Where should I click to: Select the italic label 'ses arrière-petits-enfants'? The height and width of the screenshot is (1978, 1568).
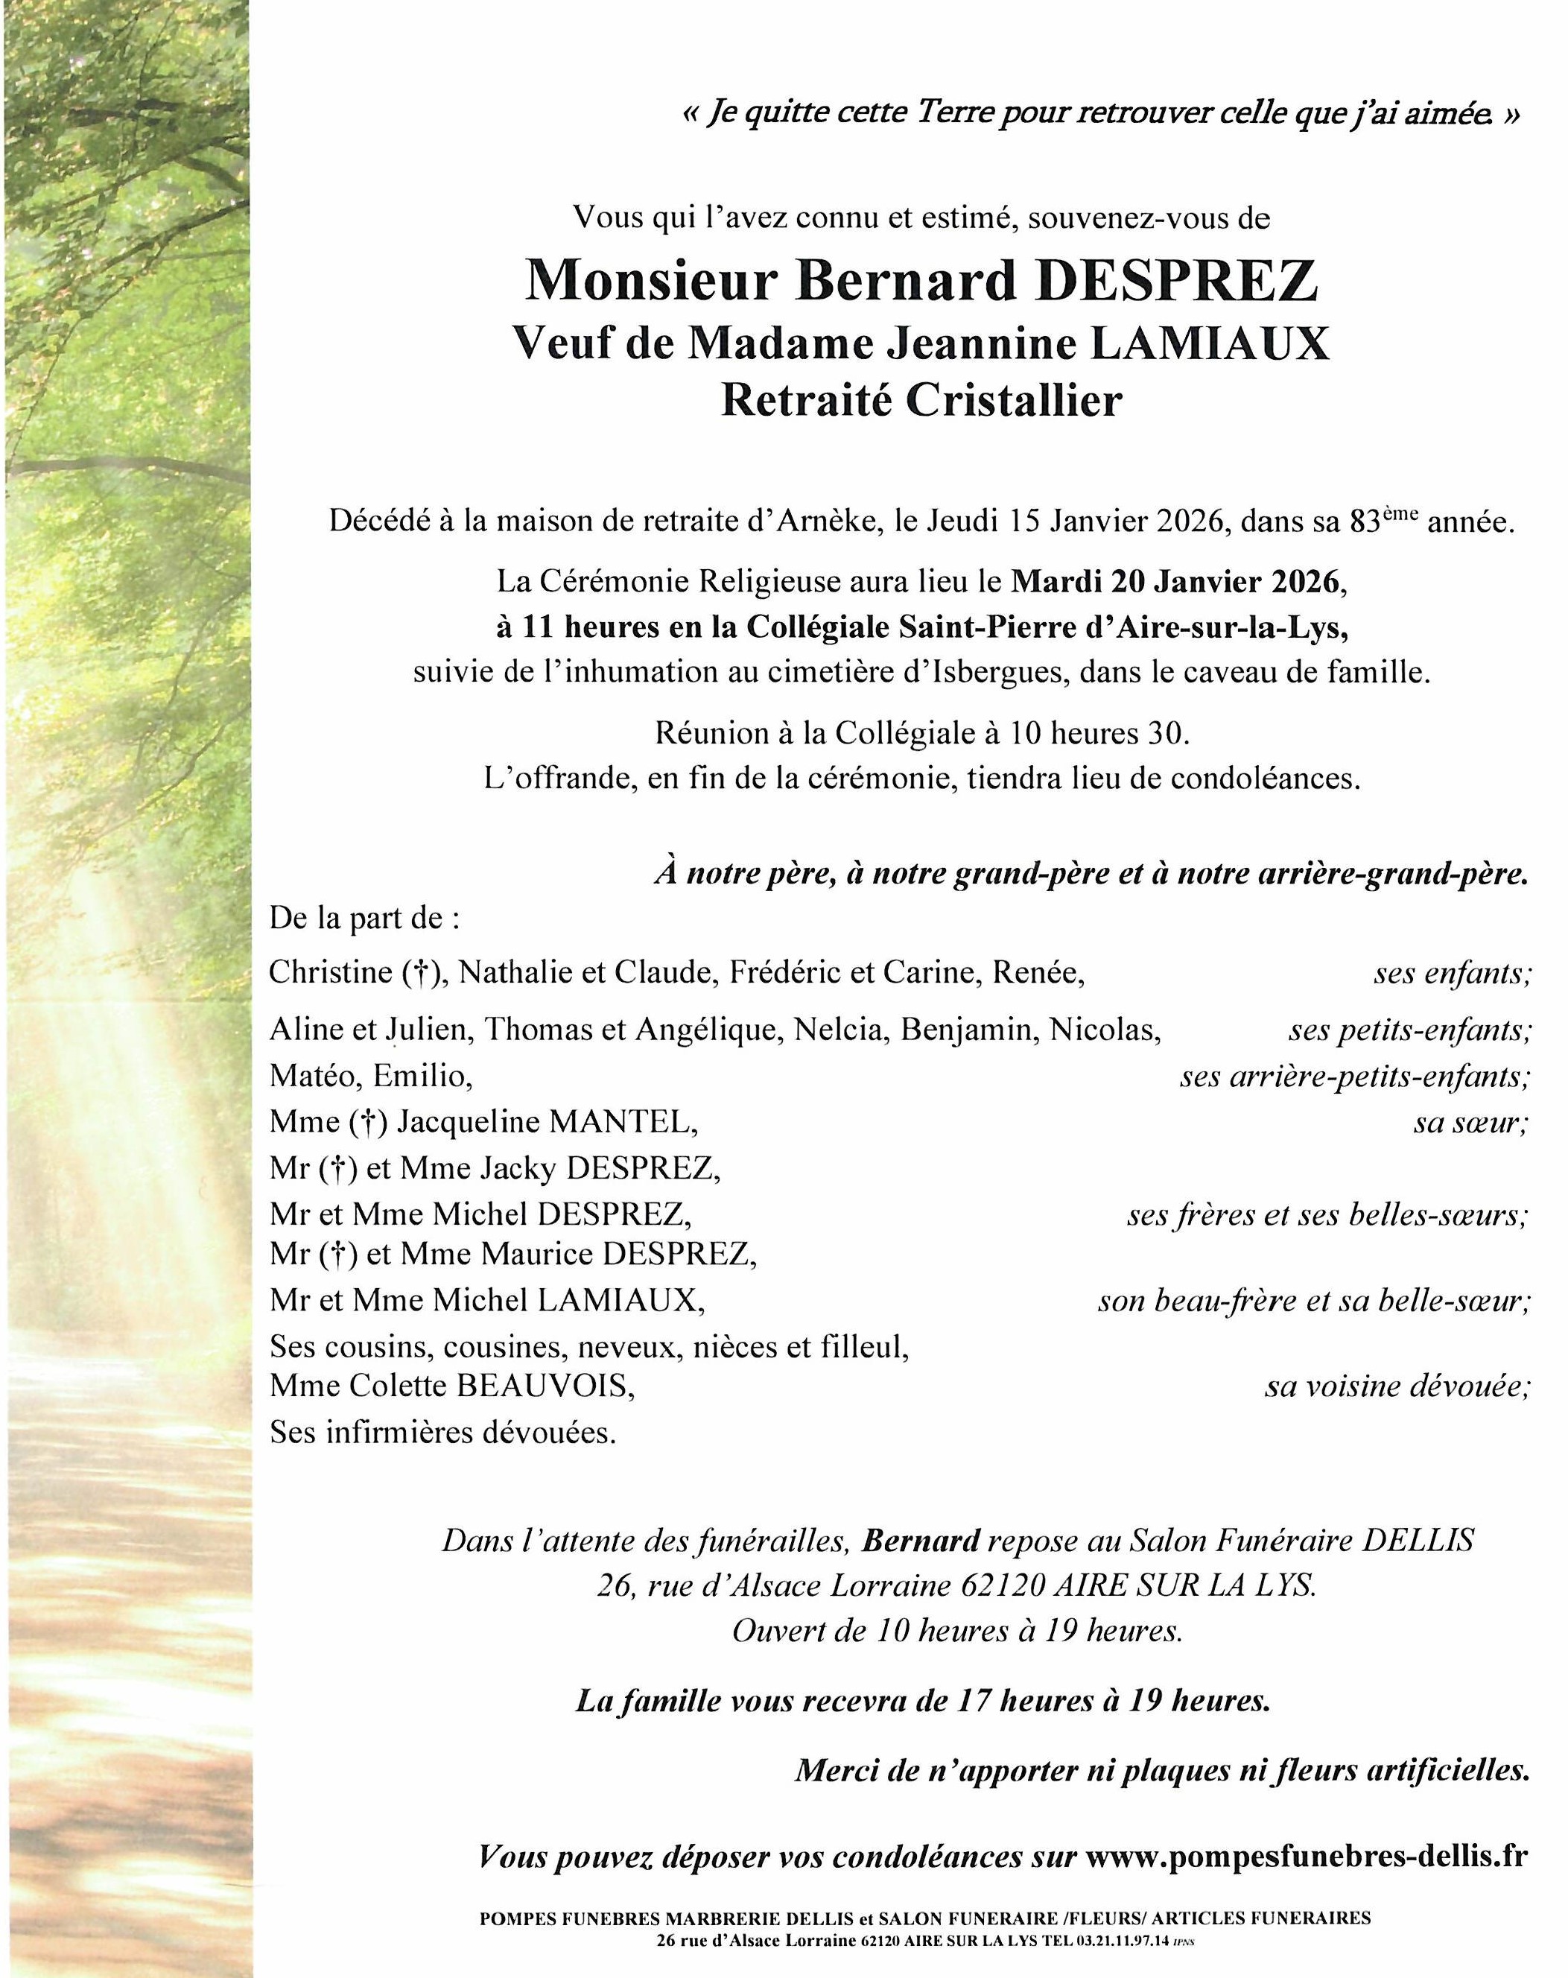coord(1354,1076)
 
